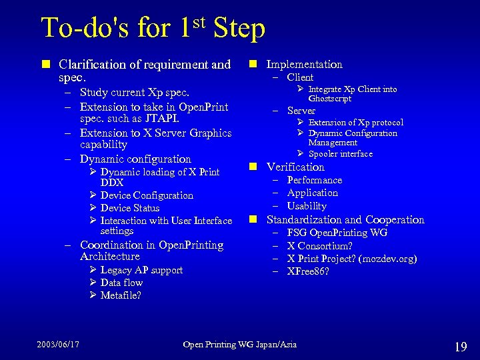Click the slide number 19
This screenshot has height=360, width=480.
coord(460,346)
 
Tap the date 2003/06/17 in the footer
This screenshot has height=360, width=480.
coord(58,344)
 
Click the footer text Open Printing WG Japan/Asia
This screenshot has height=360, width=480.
coord(240,344)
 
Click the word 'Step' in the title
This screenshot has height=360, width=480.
coord(239,29)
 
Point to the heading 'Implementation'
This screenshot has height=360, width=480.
coord(304,64)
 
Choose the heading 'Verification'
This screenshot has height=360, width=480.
coord(295,167)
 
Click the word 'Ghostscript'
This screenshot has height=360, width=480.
coord(330,99)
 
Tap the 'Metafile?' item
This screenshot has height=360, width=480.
coord(121,295)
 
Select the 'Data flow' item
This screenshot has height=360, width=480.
coord(121,283)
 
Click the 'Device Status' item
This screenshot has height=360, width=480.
coord(130,208)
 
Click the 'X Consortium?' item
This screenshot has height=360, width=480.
coord(320,245)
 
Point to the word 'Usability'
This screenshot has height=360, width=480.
coord(307,206)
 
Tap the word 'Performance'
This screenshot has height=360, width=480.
coord(315,180)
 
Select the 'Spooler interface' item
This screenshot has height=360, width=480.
coord(340,154)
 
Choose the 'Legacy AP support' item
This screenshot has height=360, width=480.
coord(141,270)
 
